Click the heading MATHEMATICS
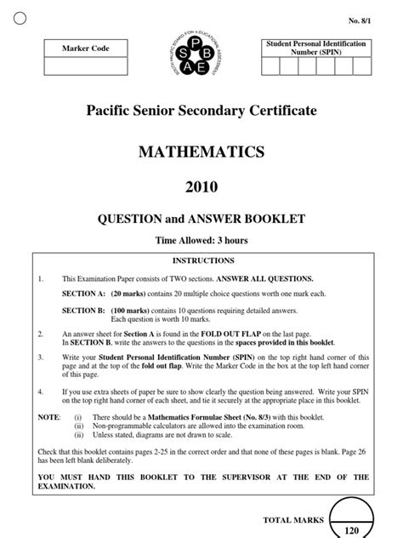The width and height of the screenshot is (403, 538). click(201, 152)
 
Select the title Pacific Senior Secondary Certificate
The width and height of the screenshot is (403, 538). click(201, 112)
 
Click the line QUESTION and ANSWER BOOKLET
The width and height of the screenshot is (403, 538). click(201, 219)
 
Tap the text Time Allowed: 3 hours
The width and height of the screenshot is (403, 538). click(201, 241)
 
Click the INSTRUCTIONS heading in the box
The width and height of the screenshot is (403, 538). click(202, 260)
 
